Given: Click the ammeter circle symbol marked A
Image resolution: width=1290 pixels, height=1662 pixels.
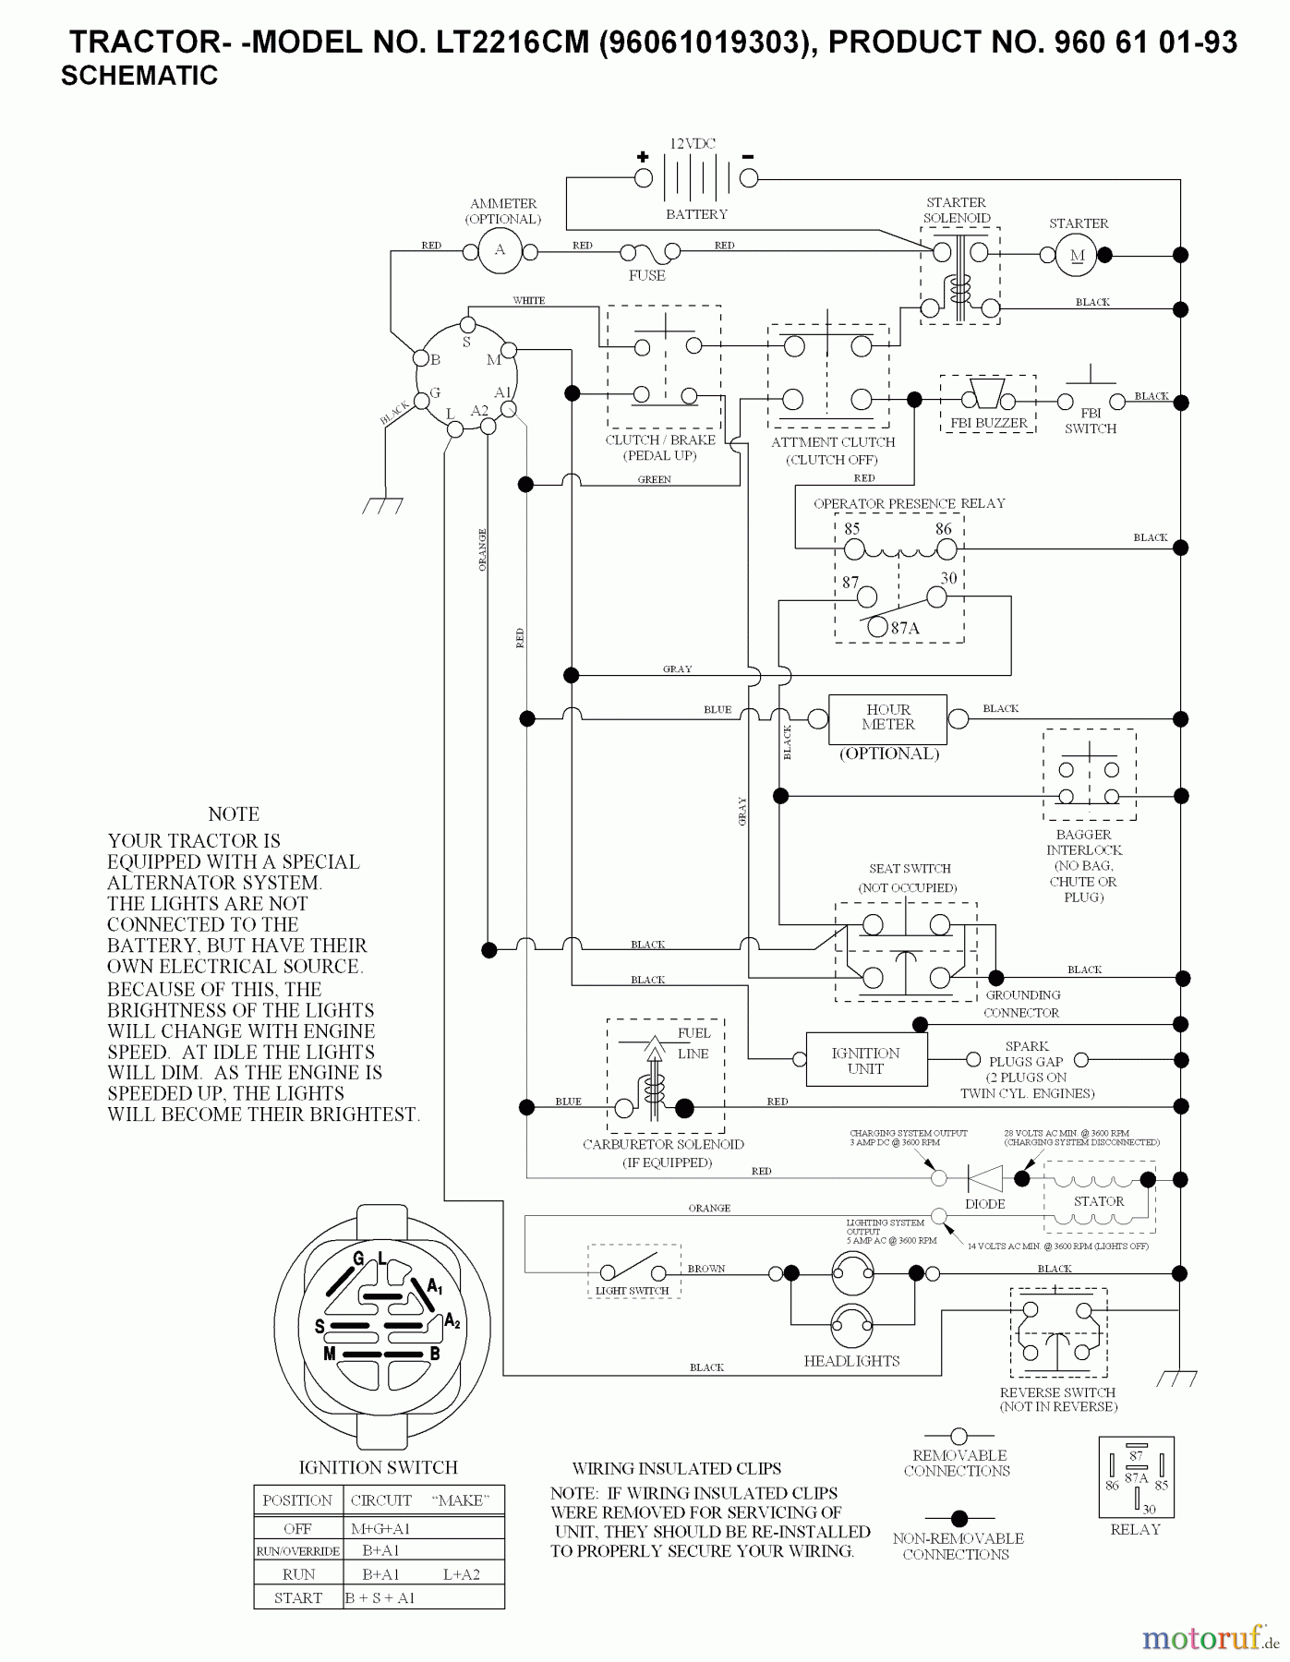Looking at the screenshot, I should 500,250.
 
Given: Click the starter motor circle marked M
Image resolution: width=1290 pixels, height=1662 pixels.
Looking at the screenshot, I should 1077,256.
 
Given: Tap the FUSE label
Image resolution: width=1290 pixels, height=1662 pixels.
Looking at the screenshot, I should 646,275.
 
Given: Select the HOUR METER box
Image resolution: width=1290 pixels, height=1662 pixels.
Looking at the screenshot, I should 887,718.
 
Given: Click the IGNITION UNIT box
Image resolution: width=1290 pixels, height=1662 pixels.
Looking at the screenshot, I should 865,1060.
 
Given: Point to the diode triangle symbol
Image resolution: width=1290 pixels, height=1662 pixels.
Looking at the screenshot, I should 984,1178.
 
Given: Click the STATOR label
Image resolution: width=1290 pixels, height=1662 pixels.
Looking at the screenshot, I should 1098,1201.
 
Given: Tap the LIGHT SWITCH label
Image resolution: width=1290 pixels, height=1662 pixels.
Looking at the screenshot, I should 632,1291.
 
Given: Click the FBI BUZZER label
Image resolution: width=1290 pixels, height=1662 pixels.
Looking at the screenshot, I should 988,423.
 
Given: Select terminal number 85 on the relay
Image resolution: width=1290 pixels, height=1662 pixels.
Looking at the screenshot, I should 851,529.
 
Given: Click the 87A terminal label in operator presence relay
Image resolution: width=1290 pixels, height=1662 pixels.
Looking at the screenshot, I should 905,628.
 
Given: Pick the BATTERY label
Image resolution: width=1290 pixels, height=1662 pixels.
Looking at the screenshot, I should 696,214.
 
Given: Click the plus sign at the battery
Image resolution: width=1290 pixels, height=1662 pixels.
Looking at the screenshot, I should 643,156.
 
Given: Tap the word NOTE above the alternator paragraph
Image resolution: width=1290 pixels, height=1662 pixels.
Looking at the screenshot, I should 234,813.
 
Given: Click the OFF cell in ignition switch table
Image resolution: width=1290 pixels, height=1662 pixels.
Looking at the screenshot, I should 297,1528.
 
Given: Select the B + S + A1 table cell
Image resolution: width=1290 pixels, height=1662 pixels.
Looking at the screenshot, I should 380,1597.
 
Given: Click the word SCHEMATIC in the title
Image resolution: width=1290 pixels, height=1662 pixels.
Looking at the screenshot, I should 139,76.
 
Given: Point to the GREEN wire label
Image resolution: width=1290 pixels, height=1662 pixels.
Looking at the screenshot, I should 654,479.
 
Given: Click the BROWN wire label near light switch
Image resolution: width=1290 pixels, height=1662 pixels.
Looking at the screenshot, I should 705,1269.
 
